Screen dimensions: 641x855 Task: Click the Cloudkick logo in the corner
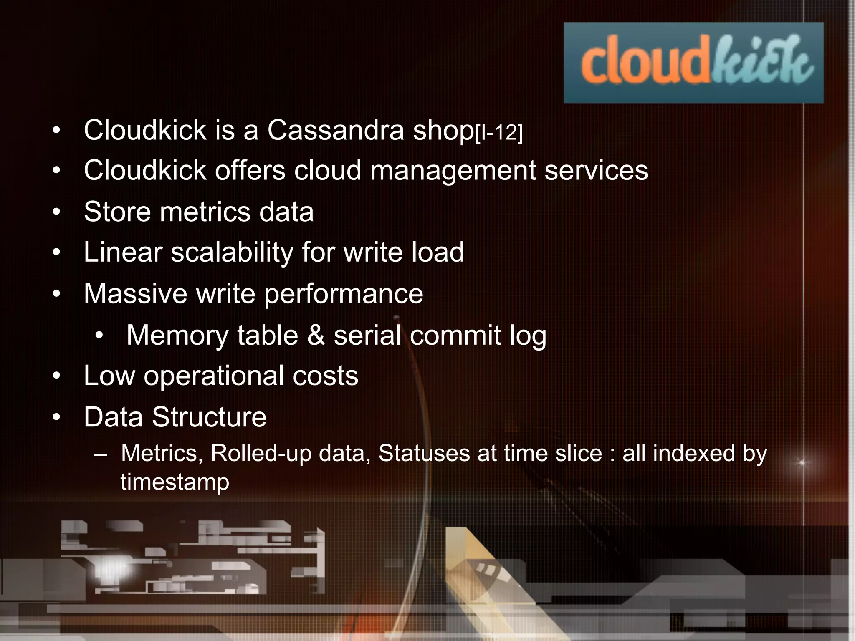(x=693, y=63)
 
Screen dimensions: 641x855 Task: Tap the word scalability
(x=232, y=253)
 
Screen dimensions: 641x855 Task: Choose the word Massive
(x=135, y=293)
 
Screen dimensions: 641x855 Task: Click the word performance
(x=344, y=294)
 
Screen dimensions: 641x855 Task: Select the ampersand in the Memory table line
(x=316, y=335)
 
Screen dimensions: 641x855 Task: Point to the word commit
(x=455, y=335)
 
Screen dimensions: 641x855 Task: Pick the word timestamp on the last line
(x=175, y=482)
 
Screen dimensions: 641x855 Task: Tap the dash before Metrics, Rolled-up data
(x=101, y=454)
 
